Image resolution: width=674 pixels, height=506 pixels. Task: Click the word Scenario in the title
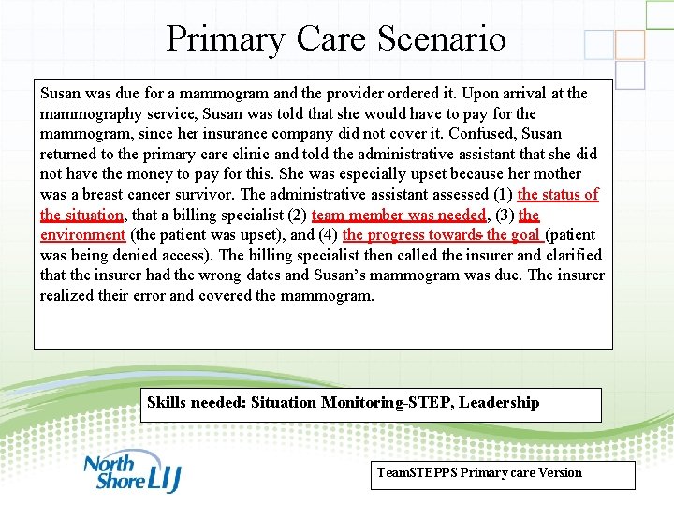tap(442, 39)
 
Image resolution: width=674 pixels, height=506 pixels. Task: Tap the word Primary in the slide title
tap(226, 39)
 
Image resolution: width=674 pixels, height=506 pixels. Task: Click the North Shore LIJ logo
tap(131, 472)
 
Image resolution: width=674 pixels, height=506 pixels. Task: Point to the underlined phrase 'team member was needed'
tap(399, 215)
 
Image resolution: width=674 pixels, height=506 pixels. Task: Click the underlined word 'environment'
tap(82, 235)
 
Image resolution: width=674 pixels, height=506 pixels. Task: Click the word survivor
tap(206, 194)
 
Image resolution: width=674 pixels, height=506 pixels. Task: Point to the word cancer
tap(147, 194)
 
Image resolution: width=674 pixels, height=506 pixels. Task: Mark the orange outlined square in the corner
tap(630, 44)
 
